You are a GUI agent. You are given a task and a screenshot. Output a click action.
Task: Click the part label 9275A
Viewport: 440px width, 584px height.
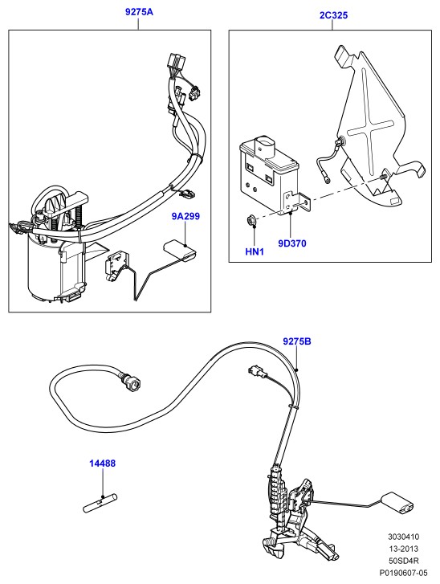point(139,12)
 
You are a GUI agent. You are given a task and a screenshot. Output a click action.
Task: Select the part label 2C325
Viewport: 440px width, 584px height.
point(333,15)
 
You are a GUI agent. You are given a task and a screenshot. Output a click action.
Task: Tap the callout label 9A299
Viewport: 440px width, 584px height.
point(185,216)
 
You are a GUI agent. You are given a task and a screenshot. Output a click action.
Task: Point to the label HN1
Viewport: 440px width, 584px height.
point(255,251)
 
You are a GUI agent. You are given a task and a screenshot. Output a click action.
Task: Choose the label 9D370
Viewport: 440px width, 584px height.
point(292,243)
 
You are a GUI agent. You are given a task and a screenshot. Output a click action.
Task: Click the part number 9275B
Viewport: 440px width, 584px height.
point(297,341)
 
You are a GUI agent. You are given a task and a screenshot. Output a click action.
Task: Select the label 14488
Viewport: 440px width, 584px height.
point(102,464)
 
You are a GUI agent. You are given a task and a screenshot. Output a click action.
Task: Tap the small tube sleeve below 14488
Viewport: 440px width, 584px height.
point(100,504)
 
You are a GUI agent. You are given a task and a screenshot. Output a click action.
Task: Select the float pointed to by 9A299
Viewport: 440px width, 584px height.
point(181,251)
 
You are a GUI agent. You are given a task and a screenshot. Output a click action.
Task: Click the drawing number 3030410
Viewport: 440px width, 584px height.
point(404,537)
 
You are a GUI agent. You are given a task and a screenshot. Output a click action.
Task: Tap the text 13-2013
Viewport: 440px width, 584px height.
point(404,549)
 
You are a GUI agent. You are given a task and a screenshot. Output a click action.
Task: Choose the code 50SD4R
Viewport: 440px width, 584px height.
point(404,561)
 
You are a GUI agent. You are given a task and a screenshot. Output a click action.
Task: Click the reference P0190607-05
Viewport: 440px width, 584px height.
point(404,573)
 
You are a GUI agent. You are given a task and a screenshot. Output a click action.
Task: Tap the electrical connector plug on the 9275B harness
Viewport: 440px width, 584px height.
point(256,372)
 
